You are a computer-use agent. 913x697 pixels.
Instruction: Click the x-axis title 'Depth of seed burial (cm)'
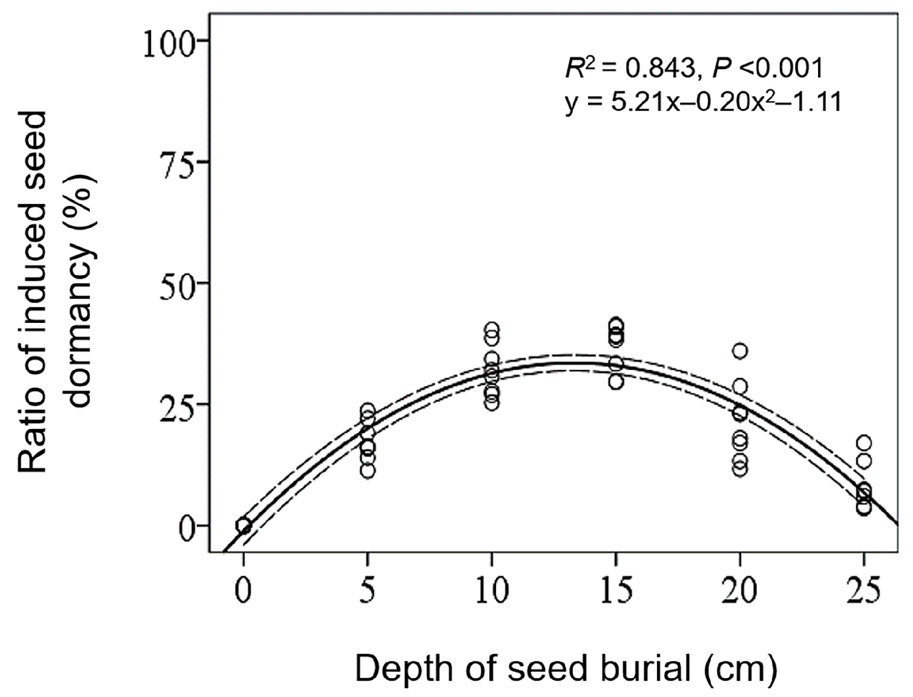pyautogui.click(x=566, y=669)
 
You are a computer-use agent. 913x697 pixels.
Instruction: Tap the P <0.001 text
pyautogui.click(x=767, y=70)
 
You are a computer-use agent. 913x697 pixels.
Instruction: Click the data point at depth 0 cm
pyautogui.click(x=244, y=525)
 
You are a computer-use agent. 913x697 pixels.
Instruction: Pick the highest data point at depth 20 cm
pyautogui.click(x=740, y=351)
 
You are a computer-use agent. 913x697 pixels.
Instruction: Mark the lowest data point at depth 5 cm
pyautogui.click(x=367, y=471)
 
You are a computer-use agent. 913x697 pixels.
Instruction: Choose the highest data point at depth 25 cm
pyautogui.click(x=864, y=442)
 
